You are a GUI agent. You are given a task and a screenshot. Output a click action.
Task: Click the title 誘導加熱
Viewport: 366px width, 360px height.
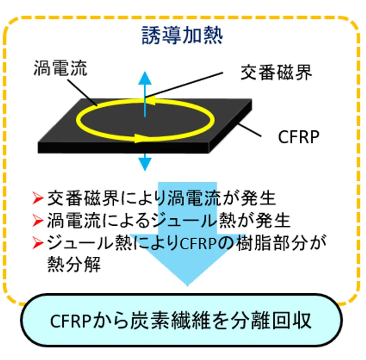point(183,37)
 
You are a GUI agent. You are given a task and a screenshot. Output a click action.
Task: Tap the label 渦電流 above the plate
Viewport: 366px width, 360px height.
point(60,68)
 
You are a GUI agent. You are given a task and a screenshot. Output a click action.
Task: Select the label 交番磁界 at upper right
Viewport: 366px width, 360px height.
point(277,73)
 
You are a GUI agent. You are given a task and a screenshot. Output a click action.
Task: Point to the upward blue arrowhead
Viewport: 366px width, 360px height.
point(145,78)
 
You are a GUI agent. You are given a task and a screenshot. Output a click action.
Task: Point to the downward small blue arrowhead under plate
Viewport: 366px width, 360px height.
point(145,164)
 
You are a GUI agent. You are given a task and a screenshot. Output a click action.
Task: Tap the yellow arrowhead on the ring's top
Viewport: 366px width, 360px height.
point(150,102)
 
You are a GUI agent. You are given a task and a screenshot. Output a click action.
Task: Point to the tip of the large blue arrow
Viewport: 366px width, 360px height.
point(187,285)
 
